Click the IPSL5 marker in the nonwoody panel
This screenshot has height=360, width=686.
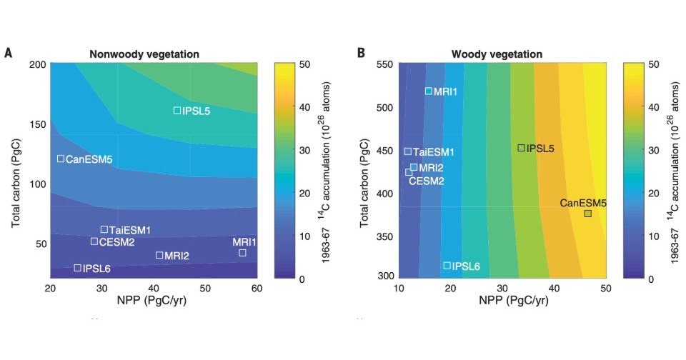177,110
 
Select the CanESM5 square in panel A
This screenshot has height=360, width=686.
61,159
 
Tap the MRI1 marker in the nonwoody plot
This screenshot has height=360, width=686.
242,252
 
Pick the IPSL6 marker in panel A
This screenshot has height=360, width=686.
78,268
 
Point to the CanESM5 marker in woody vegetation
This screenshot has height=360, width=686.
587,213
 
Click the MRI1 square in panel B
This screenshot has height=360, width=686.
429,91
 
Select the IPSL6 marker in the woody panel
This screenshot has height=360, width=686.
447,266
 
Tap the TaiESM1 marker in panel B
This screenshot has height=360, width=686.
408,151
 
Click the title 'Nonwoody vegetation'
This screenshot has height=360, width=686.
144,54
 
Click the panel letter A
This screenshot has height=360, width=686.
8,53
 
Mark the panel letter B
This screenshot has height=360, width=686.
361,53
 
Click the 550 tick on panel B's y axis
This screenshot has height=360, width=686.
387,64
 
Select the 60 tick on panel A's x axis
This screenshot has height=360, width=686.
257,288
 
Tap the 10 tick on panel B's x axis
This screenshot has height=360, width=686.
399,288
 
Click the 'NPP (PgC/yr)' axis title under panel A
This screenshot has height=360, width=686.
154,301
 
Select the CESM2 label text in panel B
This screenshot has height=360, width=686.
427,181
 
